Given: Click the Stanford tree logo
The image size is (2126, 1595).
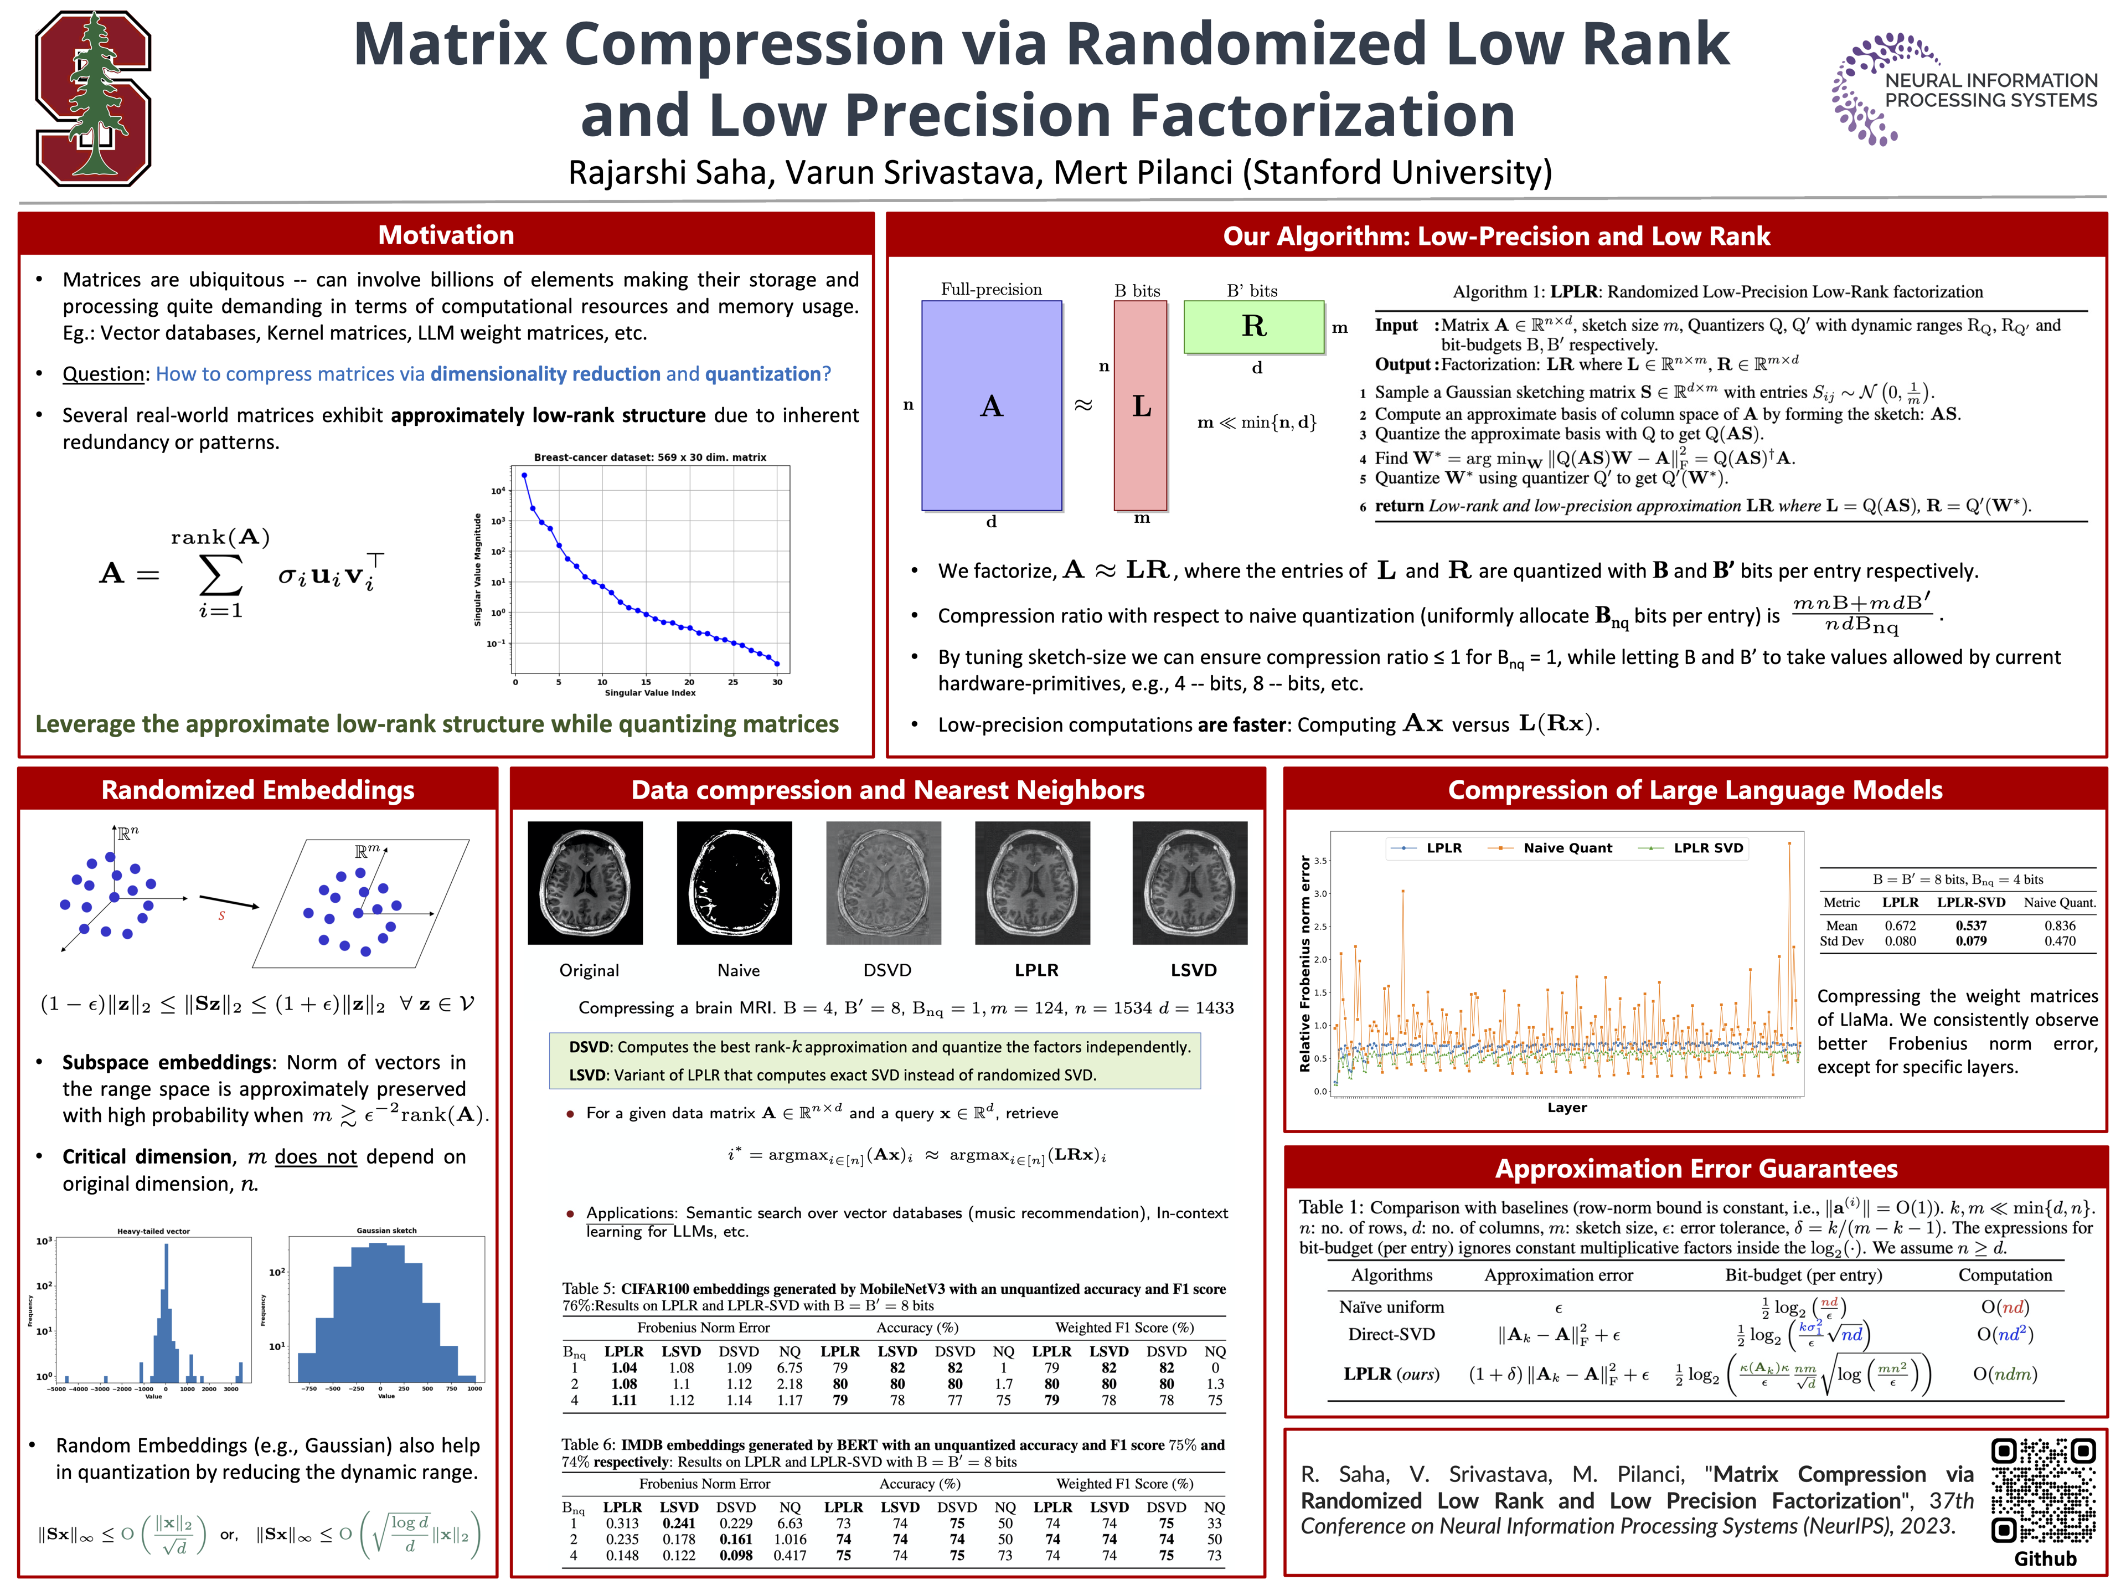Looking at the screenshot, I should point(93,98).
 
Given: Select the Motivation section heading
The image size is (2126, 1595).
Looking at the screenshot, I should point(446,235).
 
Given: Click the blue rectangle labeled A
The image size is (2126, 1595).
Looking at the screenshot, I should point(991,406).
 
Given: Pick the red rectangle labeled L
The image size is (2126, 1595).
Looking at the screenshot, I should point(1140,406).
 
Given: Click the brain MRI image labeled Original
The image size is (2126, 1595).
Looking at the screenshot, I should point(585,883).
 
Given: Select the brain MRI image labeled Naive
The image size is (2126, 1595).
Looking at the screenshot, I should point(734,883).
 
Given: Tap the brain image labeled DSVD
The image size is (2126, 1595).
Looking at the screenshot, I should point(883,883).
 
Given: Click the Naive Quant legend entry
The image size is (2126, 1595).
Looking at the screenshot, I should point(1567,848).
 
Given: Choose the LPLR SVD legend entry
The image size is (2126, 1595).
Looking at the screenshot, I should point(1707,848).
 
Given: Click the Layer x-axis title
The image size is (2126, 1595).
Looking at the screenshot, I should point(1567,1108).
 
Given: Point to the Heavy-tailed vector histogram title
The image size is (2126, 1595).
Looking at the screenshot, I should point(154,1231).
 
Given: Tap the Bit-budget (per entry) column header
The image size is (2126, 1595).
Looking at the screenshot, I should point(1803,1275).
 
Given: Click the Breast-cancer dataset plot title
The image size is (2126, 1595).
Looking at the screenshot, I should point(650,457).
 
